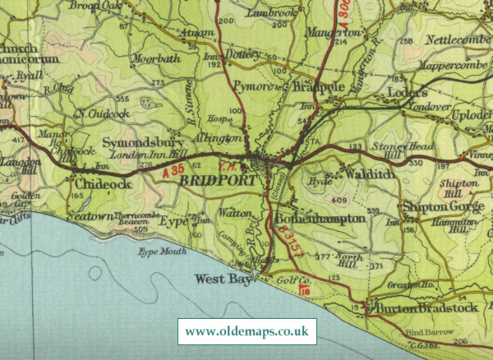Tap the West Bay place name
tap(221, 279)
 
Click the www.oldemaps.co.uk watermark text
tap(246, 331)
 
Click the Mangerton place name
tap(333, 33)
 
